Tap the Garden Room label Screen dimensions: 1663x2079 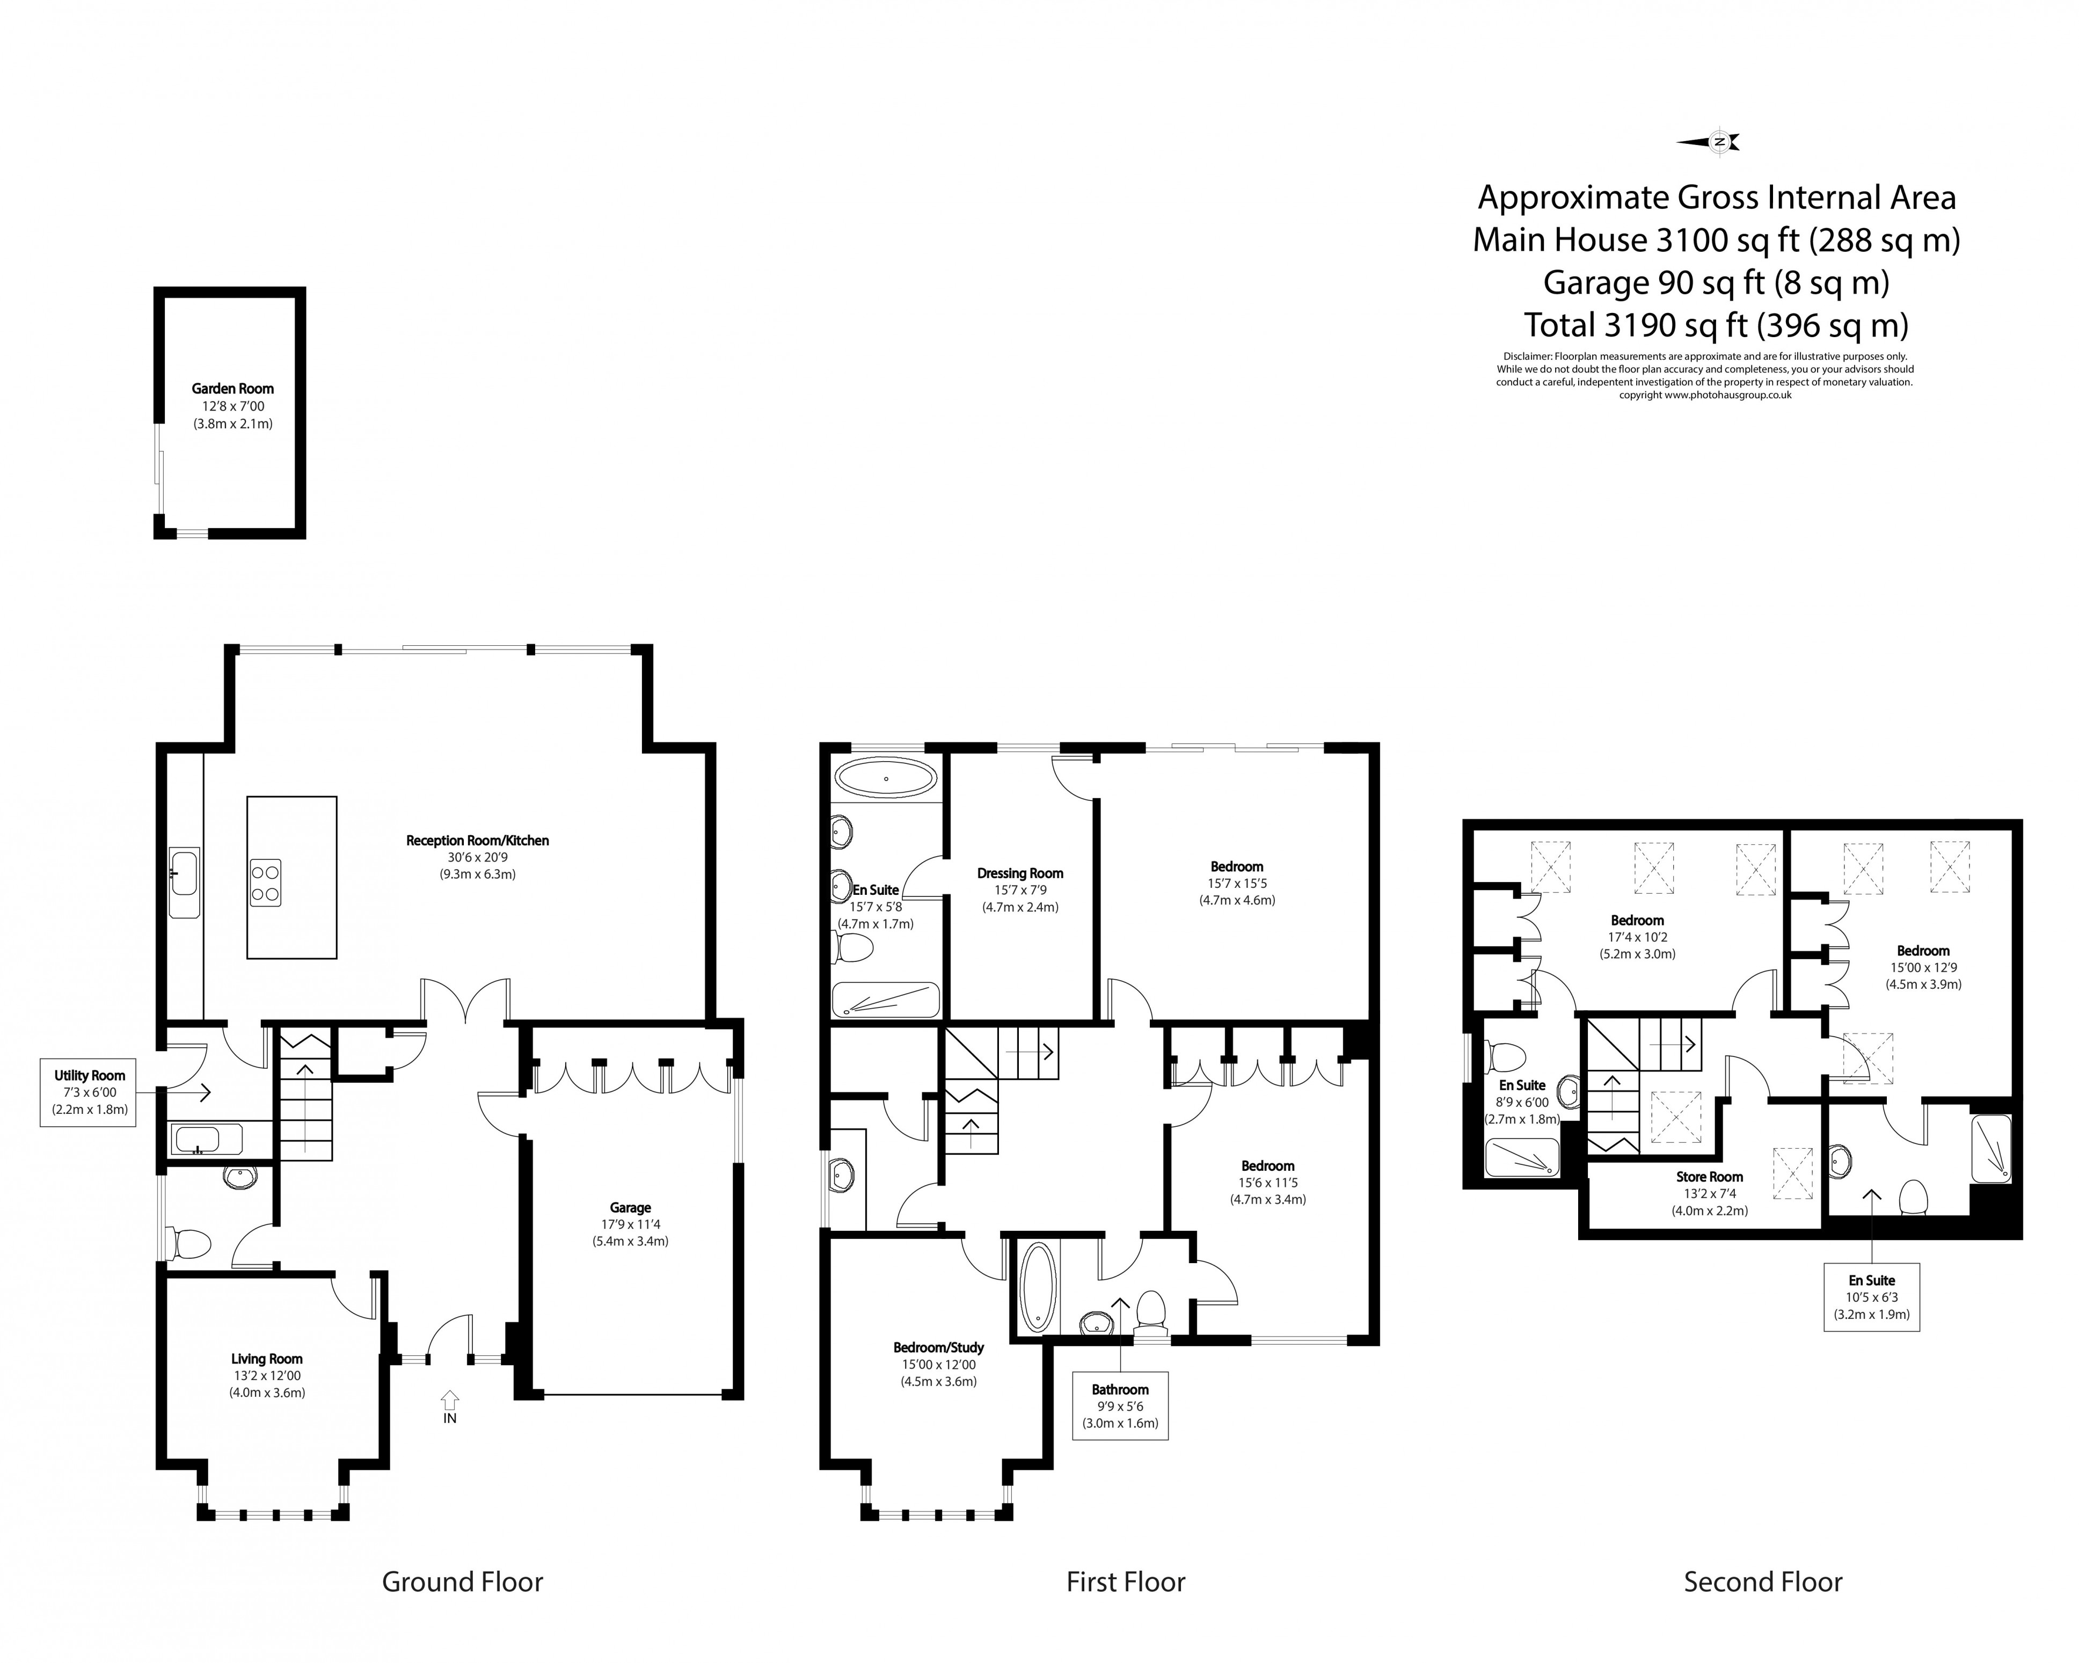point(232,389)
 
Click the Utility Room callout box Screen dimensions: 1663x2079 point(90,1092)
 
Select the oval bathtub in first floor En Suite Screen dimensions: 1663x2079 point(885,778)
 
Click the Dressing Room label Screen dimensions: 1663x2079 point(1020,873)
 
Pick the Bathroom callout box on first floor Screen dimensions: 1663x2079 point(1120,1405)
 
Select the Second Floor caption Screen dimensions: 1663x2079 point(1763,1582)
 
